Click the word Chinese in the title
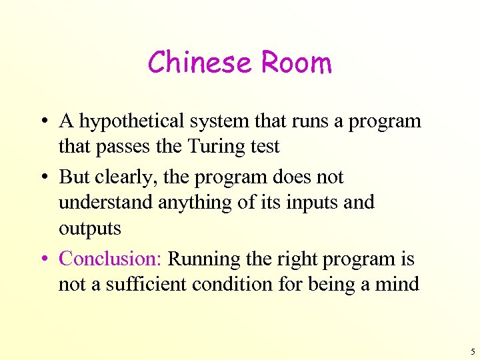[x=201, y=63]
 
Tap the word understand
[x=105, y=202]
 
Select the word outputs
[x=89, y=228]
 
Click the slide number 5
[x=473, y=351]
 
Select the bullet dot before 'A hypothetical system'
[x=42, y=122]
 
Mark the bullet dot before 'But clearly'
[x=42, y=178]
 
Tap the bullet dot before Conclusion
[x=42, y=259]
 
